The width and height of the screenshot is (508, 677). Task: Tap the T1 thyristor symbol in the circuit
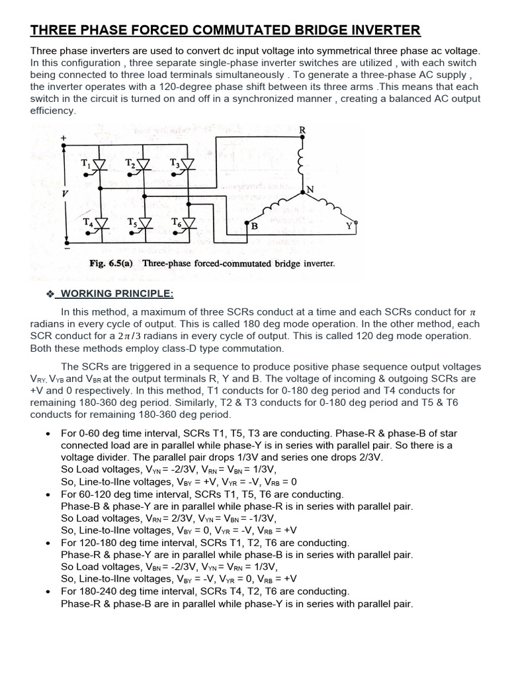click(x=100, y=164)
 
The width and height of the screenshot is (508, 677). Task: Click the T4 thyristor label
click(x=86, y=222)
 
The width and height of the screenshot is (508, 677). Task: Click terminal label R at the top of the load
click(x=302, y=130)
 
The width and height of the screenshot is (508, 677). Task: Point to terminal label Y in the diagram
click(x=349, y=226)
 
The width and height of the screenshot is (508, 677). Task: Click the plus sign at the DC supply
click(x=64, y=138)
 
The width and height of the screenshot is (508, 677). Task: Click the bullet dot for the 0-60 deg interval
click(x=48, y=434)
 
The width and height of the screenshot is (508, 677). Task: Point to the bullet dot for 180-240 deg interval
click(x=48, y=592)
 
